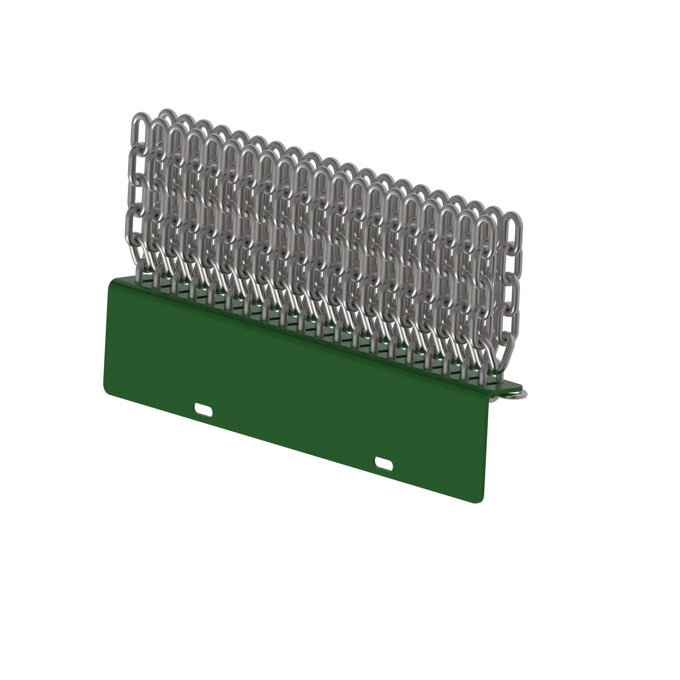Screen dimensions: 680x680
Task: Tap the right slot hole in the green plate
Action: click(x=384, y=464)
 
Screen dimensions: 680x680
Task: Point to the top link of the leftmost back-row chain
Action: click(x=168, y=116)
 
